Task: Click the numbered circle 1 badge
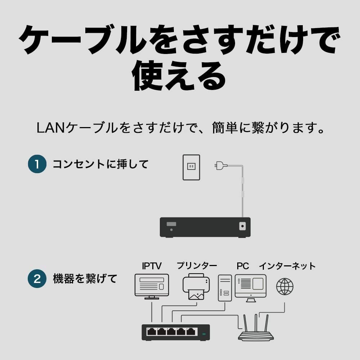(x=37, y=164)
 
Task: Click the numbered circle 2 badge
(x=37, y=279)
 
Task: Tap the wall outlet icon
(x=191, y=167)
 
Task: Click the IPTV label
(x=152, y=266)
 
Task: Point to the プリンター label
(x=197, y=266)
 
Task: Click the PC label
(x=243, y=266)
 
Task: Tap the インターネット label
(x=287, y=266)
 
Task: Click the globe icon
(x=285, y=287)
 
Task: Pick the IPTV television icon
(x=152, y=287)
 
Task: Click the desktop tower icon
(x=225, y=288)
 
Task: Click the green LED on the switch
(x=204, y=334)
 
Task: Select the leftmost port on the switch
(x=152, y=331)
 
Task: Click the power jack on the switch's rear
(x=243, y=226)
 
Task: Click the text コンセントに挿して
(x=100, y=164)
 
